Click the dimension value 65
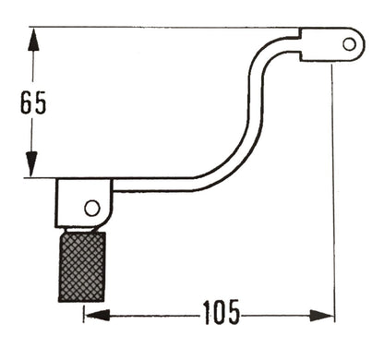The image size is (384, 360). click(x=32, y=103)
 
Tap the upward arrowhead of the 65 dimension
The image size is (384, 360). click(x=32, y=38)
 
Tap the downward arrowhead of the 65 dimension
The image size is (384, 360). click(x=32, y=165)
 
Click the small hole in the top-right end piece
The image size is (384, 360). click(x=349, y=43)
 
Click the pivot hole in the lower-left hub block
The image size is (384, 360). click(x=91, y=208)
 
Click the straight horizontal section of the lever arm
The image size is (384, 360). click(x=157, y=185)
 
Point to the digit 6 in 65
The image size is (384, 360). click(x=25, y=103)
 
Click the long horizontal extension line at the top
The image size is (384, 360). click(x=166, y=27)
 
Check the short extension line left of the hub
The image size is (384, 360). click(x=42, y=178)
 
